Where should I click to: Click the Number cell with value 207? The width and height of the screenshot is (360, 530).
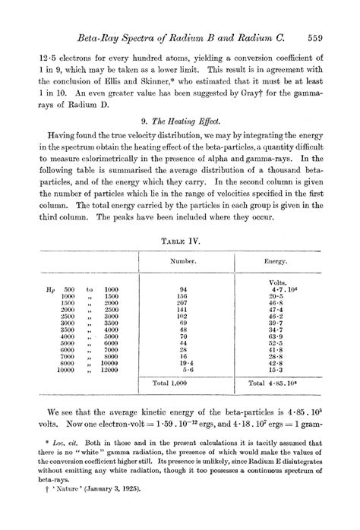click(x=182, y=301)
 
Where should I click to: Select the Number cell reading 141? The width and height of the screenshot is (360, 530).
click(x=182, y=309)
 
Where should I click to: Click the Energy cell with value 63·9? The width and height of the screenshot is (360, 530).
click(x=276, y=335)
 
